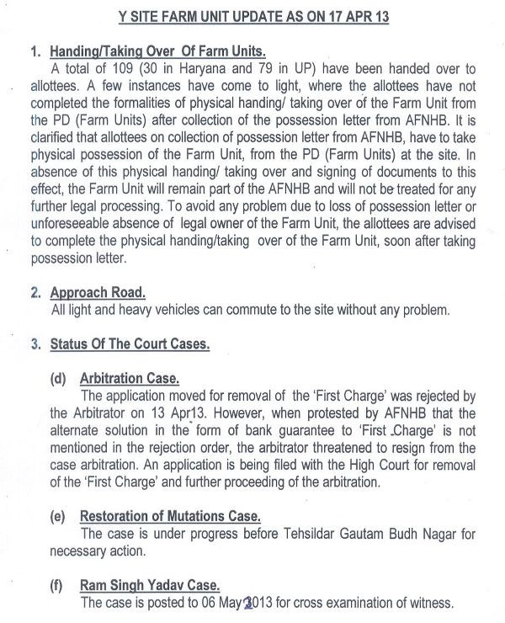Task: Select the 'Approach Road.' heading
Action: [98, 292]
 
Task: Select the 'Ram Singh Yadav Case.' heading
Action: [150, 586]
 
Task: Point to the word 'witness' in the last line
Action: [430, 603]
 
